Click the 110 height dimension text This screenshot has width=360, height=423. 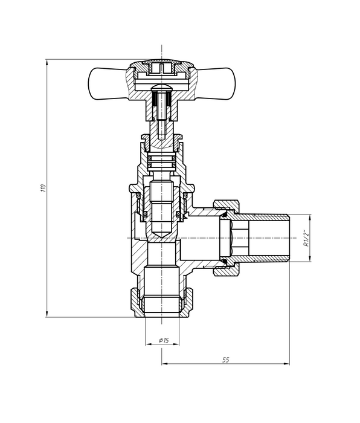pos(43,188)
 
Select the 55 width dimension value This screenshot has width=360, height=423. pos(225,360)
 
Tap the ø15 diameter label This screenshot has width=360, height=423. pos(162,340)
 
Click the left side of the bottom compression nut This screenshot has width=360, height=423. pos(135,299)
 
